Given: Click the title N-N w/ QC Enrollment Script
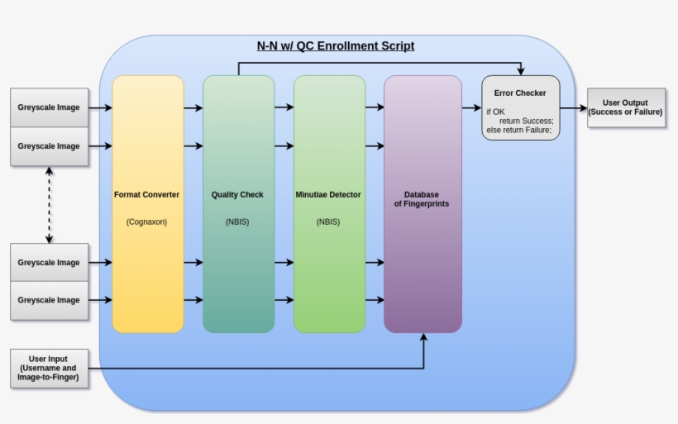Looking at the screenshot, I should click(336, 46).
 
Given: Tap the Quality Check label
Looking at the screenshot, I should click(237, 195).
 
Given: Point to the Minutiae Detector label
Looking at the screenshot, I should click(328, 195).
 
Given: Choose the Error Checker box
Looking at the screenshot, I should click(520, 107).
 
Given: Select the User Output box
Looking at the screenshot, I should click(625, 107).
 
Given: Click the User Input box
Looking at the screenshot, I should click(48, 369).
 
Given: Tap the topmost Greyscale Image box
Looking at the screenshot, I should click(49, 107).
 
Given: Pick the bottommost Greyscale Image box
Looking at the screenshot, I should click(49, 300).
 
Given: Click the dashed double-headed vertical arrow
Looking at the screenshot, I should click(50, 205).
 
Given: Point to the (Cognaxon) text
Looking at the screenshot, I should click(146, 222).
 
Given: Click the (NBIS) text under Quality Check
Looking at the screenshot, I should click(237, 222).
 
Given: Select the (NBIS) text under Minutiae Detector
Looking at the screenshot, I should click(328, 222).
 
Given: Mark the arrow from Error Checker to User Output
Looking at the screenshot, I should click(573, 107).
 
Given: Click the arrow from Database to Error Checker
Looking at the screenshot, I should click(471, 107).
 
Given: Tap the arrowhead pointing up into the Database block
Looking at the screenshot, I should click(423, 338).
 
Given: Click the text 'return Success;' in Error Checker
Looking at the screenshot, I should click(526, 121).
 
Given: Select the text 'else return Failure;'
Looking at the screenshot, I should click(519, 130).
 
